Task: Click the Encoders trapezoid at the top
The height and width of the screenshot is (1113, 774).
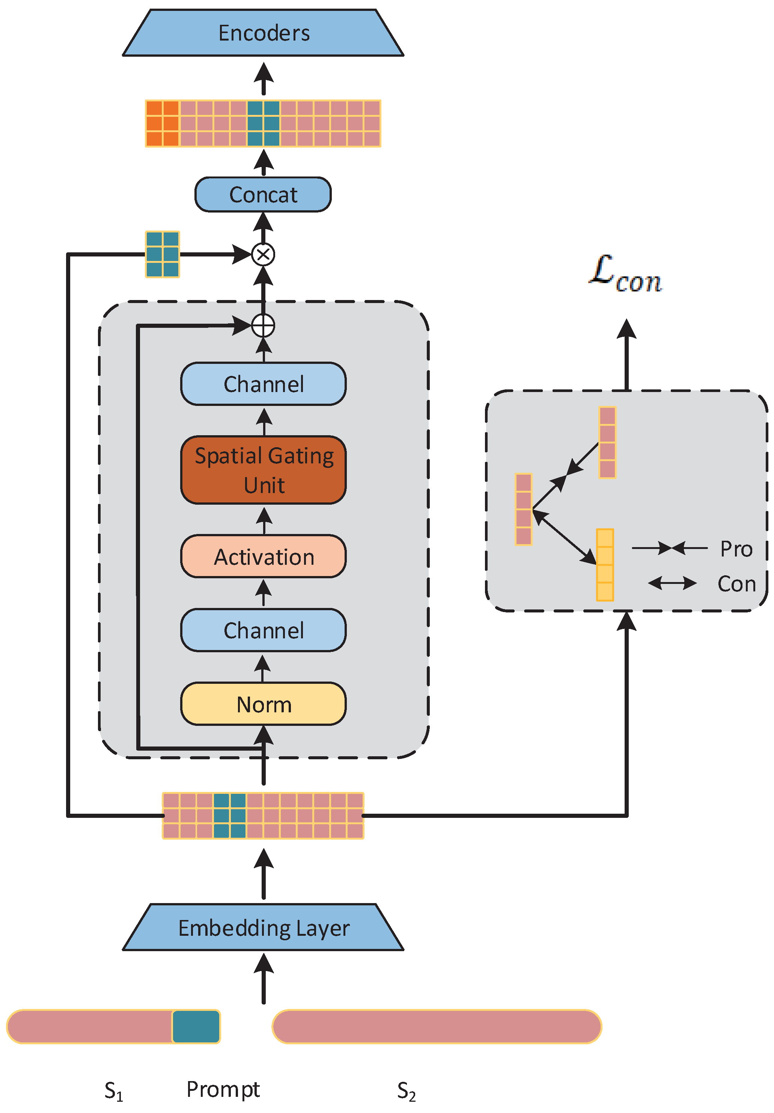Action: point(263,33)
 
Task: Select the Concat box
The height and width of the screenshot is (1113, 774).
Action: point(263,195)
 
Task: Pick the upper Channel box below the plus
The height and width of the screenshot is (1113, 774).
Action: point(263,384)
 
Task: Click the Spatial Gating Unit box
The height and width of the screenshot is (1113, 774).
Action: point(263,470)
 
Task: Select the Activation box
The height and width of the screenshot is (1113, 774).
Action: point(263,556)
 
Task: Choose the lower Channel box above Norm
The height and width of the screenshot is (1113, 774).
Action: point(263,630)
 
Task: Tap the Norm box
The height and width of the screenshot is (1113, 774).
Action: point(263,704)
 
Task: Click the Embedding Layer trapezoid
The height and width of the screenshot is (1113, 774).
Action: point(263,927)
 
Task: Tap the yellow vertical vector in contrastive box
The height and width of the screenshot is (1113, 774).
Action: point(604,565)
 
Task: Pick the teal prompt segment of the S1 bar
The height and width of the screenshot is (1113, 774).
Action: point(196,1026)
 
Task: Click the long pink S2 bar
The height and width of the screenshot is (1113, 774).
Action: point(436,1026)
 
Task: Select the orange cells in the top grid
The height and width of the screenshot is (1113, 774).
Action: point(163,124)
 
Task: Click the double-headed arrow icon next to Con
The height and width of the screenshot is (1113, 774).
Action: point(672,583)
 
